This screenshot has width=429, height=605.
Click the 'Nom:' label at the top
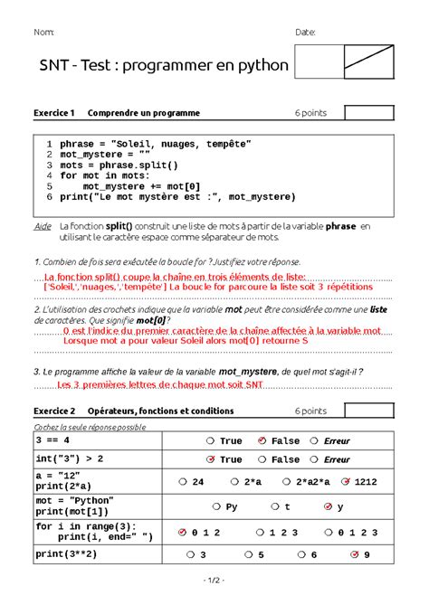point(43,33)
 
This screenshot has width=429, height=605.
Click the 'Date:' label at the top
point(305,33)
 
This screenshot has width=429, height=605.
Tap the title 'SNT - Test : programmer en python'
point(164,66)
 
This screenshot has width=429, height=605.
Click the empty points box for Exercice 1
point(368,112)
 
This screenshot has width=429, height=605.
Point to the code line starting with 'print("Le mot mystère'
point(177,196)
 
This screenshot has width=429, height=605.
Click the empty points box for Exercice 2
point(368,411)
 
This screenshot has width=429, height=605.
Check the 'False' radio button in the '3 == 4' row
point(262,441)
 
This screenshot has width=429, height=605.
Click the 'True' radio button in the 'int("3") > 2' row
point(210,459)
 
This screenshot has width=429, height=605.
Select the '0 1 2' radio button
point(182,533)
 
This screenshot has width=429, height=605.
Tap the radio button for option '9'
point(355,554)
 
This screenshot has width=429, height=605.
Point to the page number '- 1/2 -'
point(214,579)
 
